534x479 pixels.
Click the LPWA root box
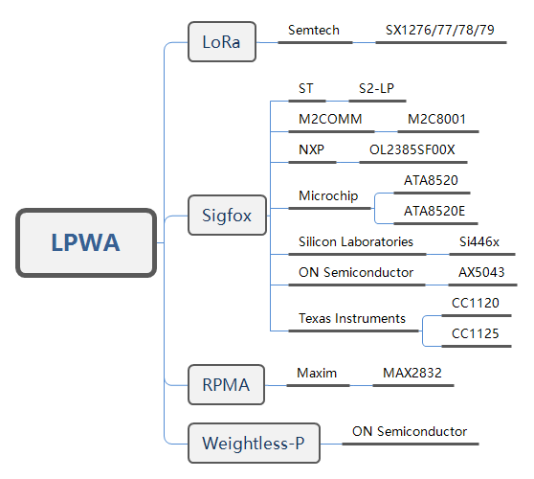click(86, 242)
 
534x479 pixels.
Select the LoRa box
click(222, 42)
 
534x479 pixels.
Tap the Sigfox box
click(227, 216)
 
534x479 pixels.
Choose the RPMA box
click(226, 384)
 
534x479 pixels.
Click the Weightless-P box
click(254, 444)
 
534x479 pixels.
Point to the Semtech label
click(314, 31)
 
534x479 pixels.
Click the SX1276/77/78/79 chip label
click(439, 31)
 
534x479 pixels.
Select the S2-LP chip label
click(376, 89)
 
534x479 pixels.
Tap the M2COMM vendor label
click(330, 120)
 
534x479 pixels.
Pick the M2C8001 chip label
click(436, 120)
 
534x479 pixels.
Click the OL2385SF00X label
click(412, 149)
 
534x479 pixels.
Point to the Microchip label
click(328, 196)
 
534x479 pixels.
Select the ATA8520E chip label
click(434, 211)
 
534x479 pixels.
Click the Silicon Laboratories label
click(356, 241)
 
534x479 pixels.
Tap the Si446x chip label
click(479, 241)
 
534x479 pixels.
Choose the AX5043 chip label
click(481, 272)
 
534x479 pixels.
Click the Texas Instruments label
click(352, 318)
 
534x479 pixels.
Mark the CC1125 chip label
click(475, 333)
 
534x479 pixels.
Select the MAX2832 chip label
click(412, 373)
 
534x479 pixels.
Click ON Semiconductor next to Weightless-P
click(410, 432)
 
